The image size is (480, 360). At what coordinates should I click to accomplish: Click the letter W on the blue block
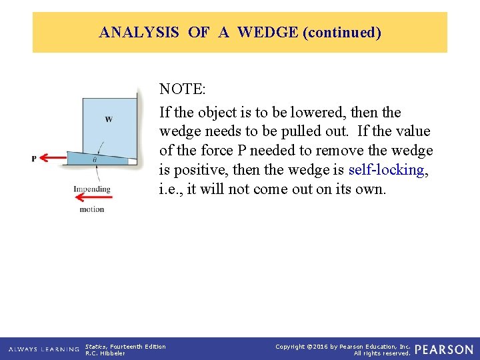tap(108, 119)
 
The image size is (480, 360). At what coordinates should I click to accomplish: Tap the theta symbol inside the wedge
tap(94, 159)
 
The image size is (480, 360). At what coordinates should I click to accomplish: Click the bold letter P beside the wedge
tap(34, 158)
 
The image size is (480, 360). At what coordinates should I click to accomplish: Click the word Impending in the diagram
tap(92, 189)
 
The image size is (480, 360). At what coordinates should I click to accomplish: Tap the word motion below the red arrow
tap(92, 209)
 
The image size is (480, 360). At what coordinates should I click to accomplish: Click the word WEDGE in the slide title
tap(267, 32)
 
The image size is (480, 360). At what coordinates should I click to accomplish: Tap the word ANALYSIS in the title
tap(139, 32)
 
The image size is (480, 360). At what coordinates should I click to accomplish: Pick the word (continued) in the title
tap(341, 32)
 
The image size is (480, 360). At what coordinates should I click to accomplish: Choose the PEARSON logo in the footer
tap(443, 349)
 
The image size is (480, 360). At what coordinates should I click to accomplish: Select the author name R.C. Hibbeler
tap(105, 353)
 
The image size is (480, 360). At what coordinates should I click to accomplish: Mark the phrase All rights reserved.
tap(382, 353)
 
